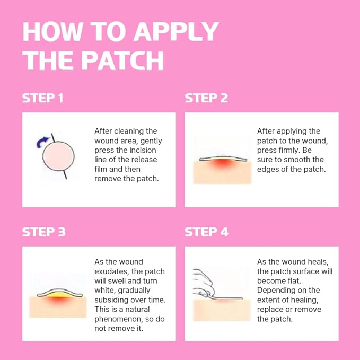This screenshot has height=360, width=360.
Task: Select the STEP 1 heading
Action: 42,98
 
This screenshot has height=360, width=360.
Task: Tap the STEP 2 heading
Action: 206,98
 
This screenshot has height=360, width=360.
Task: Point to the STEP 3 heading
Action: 43,232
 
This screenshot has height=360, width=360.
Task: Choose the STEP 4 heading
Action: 206,232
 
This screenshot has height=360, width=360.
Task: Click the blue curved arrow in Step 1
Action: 41,141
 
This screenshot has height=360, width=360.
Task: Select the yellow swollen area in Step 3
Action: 59,294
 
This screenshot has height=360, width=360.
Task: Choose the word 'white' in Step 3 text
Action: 106,291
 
